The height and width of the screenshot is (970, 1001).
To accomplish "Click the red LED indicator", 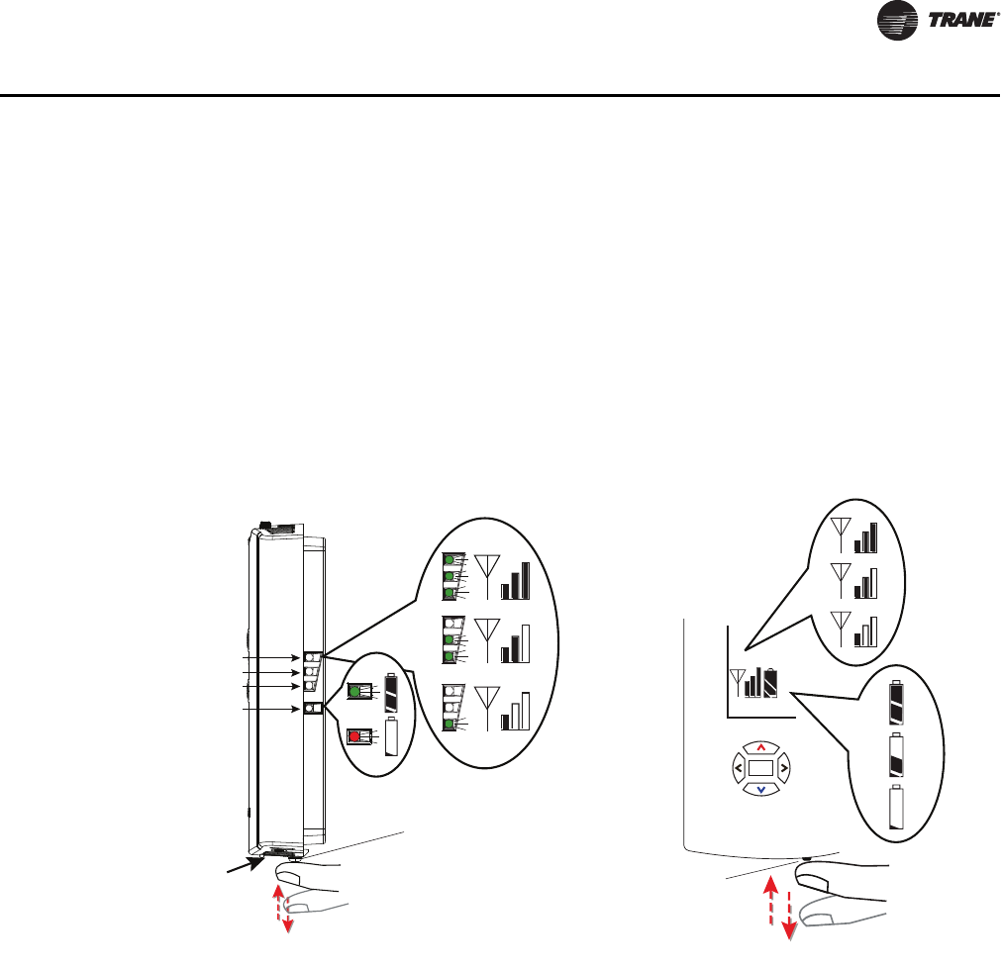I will pyautogui.click(x=353, y=735).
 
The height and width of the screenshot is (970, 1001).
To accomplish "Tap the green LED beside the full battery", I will pyautogui.click(x=353, y=691).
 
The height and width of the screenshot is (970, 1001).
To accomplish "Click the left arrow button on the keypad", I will pyautogui.click(x=739, y=766).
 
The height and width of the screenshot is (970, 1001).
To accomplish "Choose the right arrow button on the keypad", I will pyautogui.click(x=783, y=766).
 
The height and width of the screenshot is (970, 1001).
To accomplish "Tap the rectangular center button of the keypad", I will pyautogui.click(x=760, y=767).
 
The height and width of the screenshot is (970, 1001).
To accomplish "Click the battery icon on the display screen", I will pyautogui.click(x=771, y=682).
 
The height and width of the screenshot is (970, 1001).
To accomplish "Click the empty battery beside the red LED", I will pyautogui.click(x=392, y=736).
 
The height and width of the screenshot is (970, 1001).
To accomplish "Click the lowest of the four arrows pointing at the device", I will pyautogui.click(x=272, y=710).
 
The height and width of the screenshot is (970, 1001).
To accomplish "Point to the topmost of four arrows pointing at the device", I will pyautogui.click(x=272, y=657).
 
